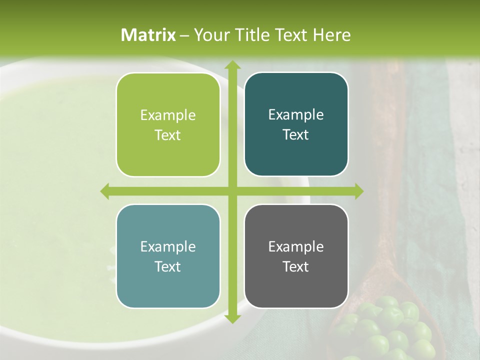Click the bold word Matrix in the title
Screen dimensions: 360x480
[148, 35]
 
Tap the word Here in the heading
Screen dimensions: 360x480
[332, 35]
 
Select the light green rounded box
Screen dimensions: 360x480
[168, 125]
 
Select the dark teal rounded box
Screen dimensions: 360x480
[296, 125]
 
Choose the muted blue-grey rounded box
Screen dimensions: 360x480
[168, 256]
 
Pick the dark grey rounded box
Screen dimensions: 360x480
[296, 256]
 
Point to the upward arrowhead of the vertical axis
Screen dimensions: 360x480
[232, 65]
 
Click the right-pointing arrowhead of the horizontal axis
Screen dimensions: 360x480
[358, 191]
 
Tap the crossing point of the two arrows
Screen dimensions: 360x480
[232, 191]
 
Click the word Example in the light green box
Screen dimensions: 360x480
[168, 115]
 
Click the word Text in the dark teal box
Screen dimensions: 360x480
[296, 135]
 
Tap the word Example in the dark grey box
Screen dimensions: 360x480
[296, 246]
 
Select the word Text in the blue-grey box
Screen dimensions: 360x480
[168, 266]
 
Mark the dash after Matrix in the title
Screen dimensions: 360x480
[184, 35]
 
